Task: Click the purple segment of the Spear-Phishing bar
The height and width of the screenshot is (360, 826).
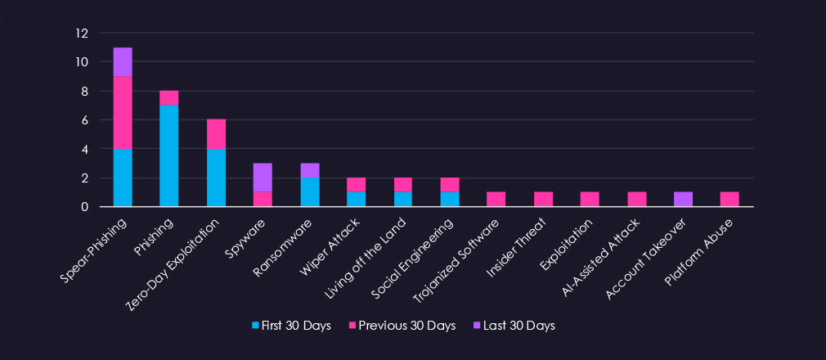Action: click(123, 62)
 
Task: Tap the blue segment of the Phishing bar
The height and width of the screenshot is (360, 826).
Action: click(169, 155)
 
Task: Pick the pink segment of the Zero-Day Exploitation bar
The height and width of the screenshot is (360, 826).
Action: click(216, 134)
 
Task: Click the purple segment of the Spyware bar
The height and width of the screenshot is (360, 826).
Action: click(263, 178)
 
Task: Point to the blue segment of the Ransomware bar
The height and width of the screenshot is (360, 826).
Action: click(309, 192)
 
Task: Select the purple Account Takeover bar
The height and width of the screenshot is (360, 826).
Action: click(683, 200)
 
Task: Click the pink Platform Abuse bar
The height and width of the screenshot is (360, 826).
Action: click(729, 200)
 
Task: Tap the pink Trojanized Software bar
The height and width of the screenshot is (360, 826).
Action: click(496, 200)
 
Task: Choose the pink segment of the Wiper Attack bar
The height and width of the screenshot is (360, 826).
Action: click(356, 185)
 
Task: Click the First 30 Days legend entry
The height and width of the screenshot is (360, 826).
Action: click(292, 326)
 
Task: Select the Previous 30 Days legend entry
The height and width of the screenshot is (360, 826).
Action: click(402, 326)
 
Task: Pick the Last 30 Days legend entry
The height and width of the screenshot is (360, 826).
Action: click(514, 326)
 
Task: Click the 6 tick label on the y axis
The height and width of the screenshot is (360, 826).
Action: click(83, 120)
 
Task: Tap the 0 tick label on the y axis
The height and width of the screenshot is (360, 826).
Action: click(83, 207)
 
